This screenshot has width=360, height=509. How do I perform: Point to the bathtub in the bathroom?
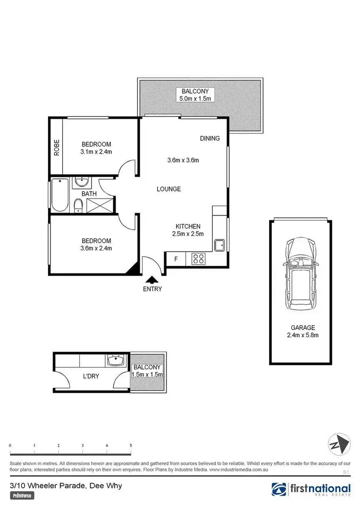coord(60,195)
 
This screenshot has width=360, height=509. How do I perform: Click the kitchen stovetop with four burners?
coord(199,259)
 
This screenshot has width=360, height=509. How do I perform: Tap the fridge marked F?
coord(176,259)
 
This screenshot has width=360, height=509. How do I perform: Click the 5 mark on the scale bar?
coord(131,446)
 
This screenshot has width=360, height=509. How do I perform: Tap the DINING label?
coord(210,139)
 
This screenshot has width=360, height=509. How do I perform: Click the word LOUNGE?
coord(168,189)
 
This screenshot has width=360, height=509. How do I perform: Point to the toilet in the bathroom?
coord(78,207)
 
